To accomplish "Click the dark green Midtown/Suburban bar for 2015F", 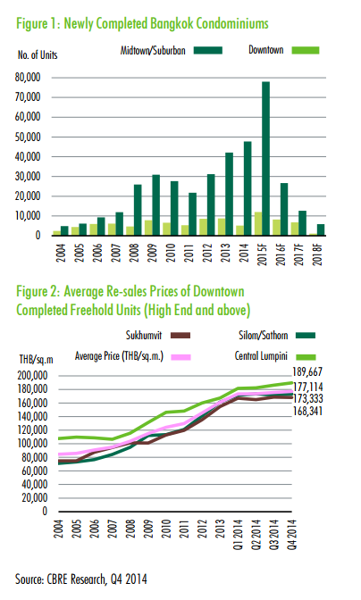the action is (265, 158).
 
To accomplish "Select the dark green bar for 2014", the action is (248, 188).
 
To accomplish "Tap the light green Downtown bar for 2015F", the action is (258, 223).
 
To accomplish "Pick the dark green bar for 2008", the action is (138, 210).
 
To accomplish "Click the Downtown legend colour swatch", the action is (306, 50).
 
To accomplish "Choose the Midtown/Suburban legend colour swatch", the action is (208, 51).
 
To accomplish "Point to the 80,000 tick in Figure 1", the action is (28, 78).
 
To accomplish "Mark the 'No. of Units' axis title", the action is (38, 55).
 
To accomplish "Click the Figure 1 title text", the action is (142, 24).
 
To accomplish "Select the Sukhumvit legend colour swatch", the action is (180, 336).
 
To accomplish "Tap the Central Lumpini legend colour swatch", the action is (306, 356).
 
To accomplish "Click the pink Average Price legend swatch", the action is (180, 357).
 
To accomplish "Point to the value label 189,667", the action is (307, 371).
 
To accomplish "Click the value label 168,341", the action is (307, 412).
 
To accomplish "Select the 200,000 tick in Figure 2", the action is (32, 376).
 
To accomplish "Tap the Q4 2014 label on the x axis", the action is (292, 535).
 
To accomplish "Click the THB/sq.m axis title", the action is (37, 359).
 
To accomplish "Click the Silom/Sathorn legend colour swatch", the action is (305, 336).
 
